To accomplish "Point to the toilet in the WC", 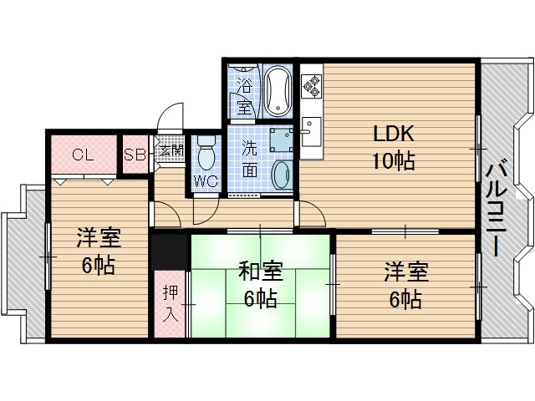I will tap(206, 155).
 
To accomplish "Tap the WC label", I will tap(205, 181).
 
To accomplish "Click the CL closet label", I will tap(82, 155).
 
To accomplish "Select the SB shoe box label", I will tap(134, 155).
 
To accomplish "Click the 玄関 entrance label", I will tap(171, 151).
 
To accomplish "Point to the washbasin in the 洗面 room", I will tap(282, 174).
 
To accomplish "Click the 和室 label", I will tap(261, 272).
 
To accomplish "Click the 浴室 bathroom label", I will tap(245, 95).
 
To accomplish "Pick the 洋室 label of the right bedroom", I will tap(406, 272).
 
